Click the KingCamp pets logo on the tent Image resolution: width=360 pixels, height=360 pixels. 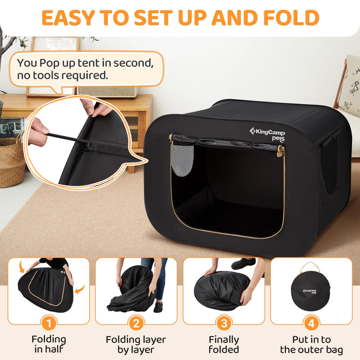point(267,134)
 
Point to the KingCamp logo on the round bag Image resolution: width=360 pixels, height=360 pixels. point(310,291)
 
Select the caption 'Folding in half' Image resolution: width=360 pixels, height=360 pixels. point(49,344)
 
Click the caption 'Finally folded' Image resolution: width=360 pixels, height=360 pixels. point(224,344)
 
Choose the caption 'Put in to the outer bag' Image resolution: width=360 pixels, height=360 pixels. point(311,344)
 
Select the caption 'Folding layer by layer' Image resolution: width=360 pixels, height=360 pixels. point(136,344)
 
